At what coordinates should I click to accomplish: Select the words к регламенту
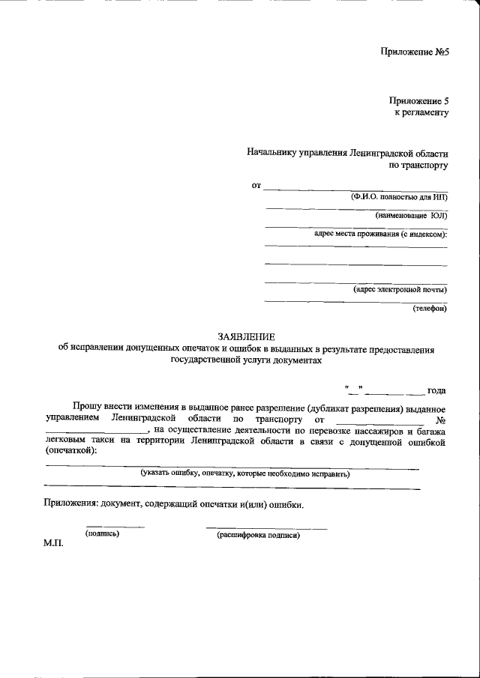421,112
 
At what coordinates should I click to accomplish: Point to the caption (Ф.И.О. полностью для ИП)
399,197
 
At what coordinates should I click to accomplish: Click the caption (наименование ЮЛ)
411,216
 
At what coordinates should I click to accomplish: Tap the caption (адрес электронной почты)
400,289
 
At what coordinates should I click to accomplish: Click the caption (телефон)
429,308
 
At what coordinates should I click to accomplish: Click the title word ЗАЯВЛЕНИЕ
247,337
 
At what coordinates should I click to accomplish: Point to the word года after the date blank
436,390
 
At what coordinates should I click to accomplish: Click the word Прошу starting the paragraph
88,405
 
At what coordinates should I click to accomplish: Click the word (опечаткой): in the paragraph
71,452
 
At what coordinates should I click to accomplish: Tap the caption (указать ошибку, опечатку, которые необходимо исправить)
244,473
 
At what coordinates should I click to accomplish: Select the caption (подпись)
103,534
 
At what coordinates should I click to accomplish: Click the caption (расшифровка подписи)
258,535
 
